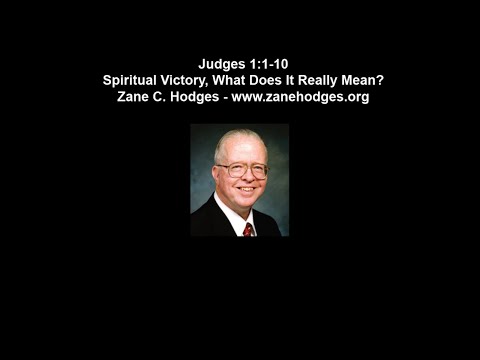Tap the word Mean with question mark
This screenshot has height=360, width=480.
(x=371, y=82)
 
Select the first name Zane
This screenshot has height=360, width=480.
(x=136, y=98)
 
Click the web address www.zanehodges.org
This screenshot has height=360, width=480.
(x=301, y=98)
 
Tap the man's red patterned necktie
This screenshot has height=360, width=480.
(x=248, y=229)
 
